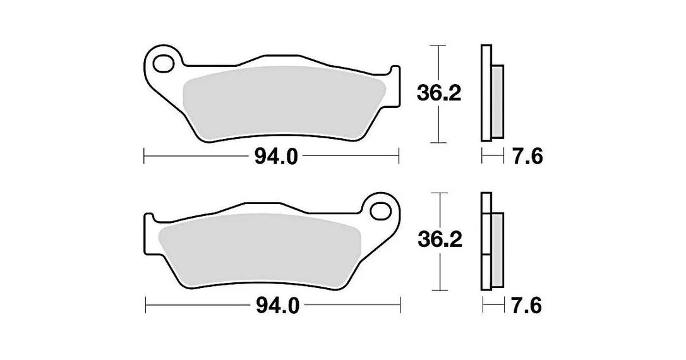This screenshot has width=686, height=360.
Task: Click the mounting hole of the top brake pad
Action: pyautogui.click(x=164, y=63)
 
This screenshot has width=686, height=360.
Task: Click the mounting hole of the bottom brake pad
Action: pyautogui.click(x=381, y=211)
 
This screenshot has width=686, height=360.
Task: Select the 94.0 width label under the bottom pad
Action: pyautogui.click(x=277, y=306)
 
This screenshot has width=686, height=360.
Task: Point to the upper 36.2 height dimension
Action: pyautogui.click(x=439, y=93)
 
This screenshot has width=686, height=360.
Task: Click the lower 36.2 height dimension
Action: pyautogui.click(x=440, y=240)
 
